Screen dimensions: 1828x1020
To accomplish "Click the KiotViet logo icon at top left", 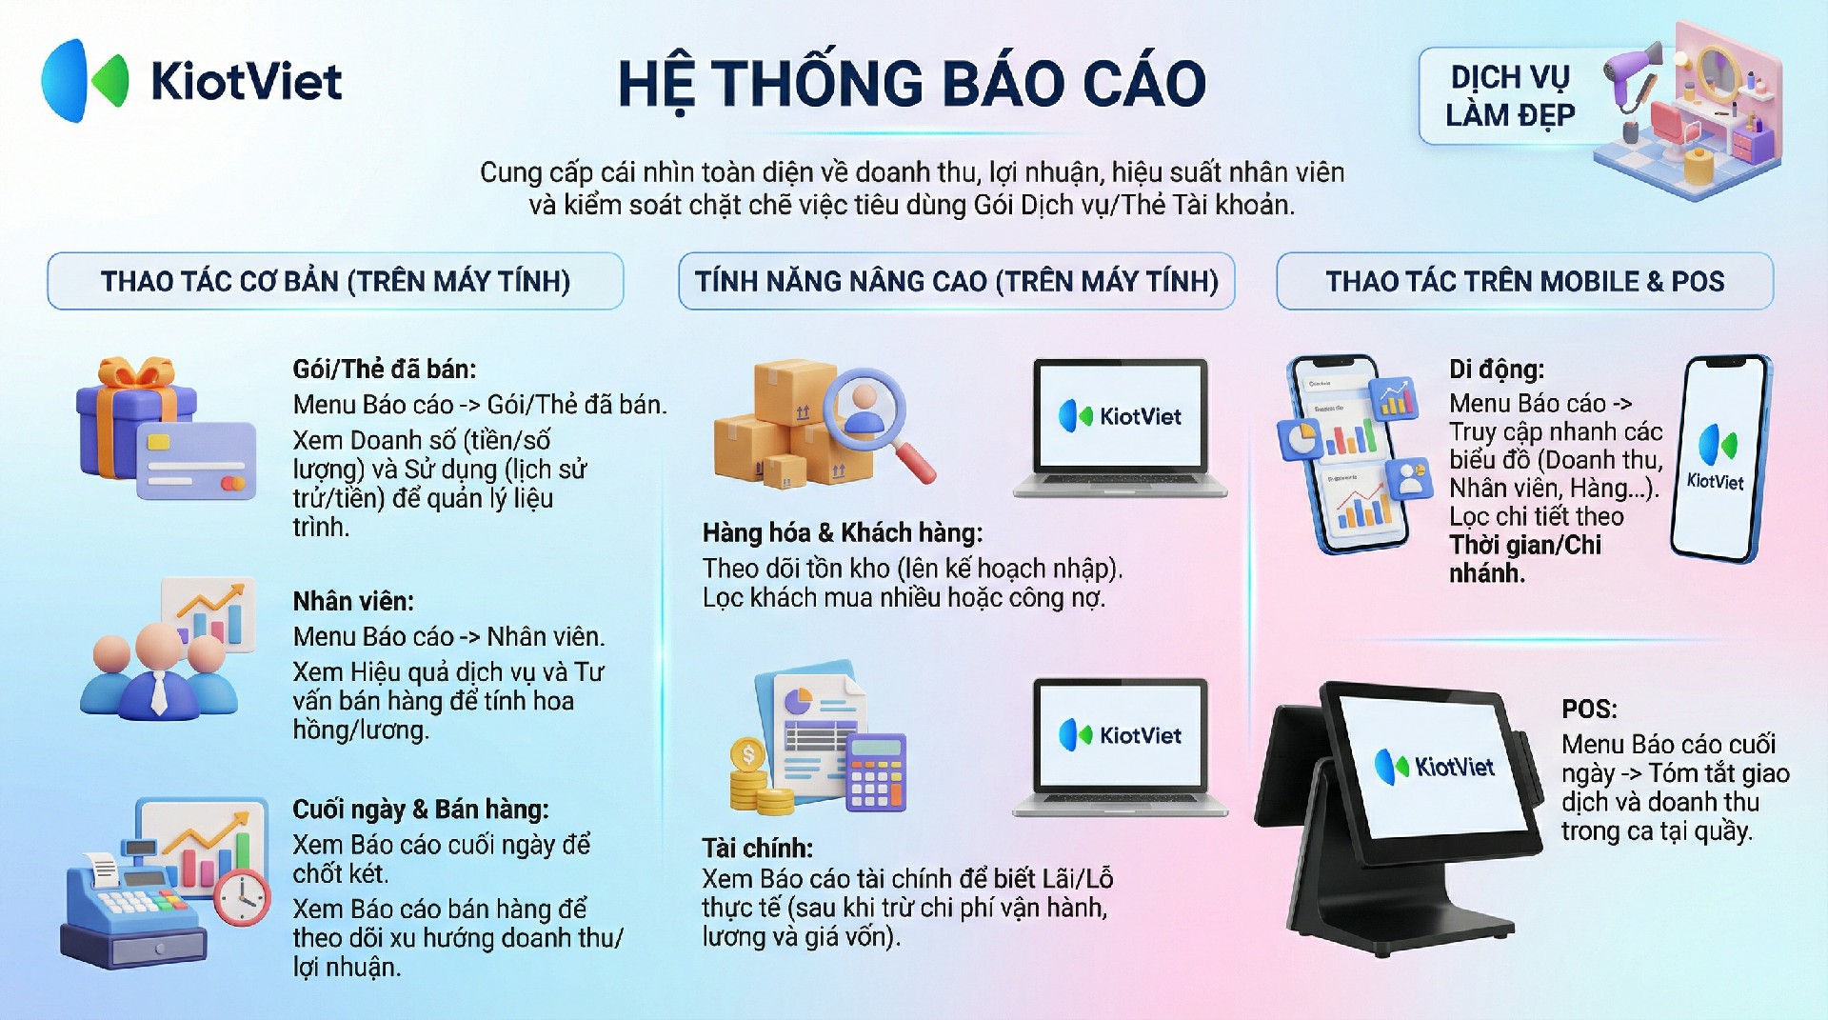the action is click(x=84, y=81).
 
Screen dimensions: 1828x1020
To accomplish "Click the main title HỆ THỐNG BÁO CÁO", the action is click(x=912, y=84).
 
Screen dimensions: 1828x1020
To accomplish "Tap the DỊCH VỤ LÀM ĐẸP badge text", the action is click(x=1510, y=96).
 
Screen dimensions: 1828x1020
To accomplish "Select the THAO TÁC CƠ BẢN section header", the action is click(x=335, y=281).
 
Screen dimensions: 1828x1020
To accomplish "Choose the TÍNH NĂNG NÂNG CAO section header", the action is click(x=956, y=281).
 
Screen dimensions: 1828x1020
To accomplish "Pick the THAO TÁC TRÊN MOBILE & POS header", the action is click(x=1525, y=281).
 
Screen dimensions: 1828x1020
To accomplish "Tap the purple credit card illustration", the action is click(x=196, y=461).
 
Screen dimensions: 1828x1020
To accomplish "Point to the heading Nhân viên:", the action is click(x=353, y=602).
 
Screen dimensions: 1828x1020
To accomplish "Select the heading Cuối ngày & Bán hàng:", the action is click(x=421, y=810).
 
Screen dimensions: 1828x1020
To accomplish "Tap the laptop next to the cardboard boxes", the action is click(x=1121, y=428).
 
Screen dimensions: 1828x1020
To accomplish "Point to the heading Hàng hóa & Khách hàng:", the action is click(x=843, y=532).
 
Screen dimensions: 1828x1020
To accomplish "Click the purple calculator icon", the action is click(x=876, y=771).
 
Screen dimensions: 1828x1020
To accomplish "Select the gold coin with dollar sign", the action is click(x=748, y=756).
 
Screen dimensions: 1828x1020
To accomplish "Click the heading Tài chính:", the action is click(x=758, y=848).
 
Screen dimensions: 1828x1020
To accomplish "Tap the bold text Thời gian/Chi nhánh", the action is click(x=1525, y=559).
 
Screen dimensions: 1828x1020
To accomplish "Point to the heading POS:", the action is click(x=1589, y=710).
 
